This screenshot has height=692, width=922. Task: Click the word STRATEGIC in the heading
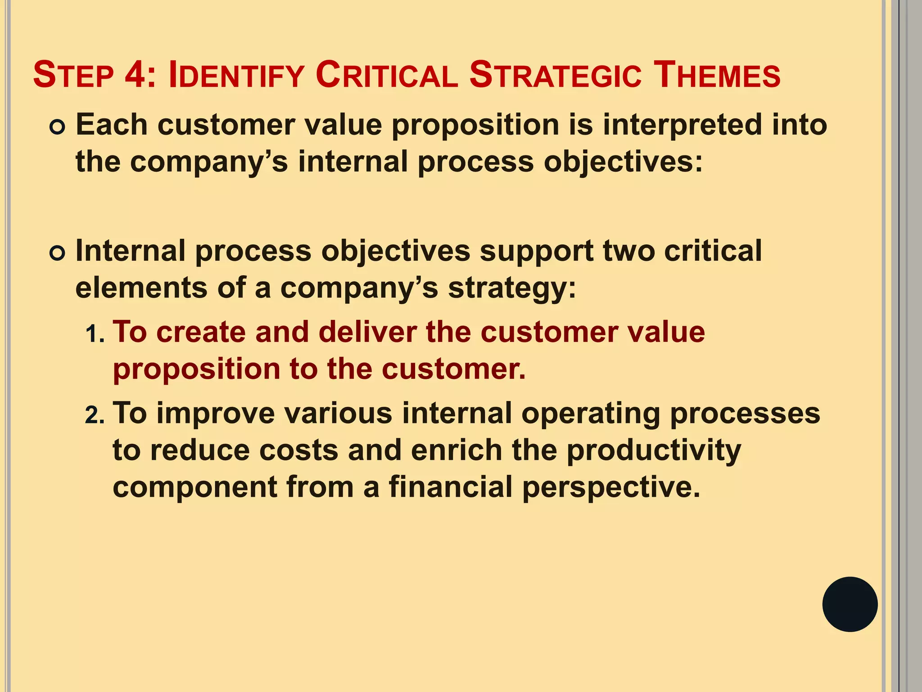click(x=555, y=75)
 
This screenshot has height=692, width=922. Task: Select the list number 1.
click(x=94, y=334)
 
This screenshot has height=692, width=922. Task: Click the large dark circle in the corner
click(x=850, y=604)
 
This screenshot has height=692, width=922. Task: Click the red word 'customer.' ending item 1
click(x=454, y=369)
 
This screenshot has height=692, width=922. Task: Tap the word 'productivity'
click(x=653, y=451)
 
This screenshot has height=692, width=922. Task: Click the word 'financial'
click(x=451, y=487)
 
